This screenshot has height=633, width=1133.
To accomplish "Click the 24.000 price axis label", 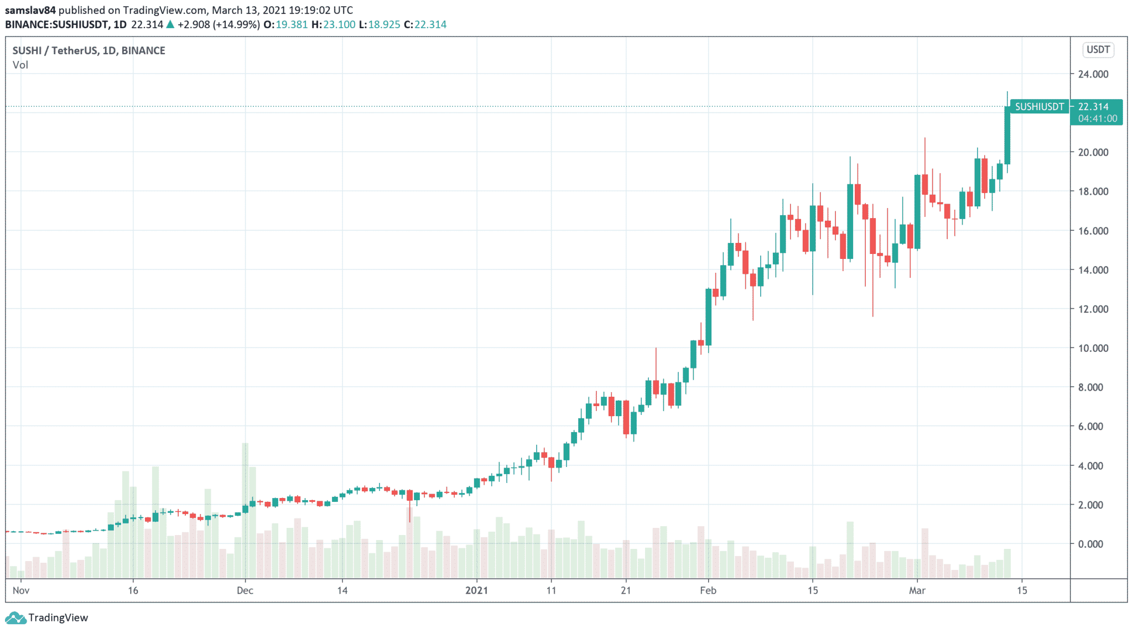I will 1093,74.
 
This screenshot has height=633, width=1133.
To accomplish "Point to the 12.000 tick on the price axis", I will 1093,309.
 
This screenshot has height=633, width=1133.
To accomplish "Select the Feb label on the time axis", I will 708,590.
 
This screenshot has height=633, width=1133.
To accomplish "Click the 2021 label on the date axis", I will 476,590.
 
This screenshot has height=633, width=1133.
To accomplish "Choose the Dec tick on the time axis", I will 245,590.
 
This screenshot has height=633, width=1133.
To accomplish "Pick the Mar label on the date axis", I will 917,590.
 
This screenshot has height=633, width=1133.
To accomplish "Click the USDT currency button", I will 1098,50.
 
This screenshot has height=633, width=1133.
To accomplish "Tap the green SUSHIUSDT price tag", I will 1039,107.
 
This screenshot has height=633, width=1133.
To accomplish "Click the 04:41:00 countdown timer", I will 1097,118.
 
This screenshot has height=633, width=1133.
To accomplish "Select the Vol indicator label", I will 20,65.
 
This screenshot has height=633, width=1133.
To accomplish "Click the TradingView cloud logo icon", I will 15,618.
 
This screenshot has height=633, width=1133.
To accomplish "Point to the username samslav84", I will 30,10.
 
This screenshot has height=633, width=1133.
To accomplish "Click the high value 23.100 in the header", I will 339,24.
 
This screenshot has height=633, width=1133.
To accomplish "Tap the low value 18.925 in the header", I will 383,24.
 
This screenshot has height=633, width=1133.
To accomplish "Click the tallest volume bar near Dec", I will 245,509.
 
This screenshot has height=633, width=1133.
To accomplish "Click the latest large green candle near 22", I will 1007,136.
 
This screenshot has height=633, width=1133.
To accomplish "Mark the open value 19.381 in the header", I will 292,24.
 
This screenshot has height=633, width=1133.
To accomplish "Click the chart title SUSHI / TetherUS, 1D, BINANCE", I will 89,50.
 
